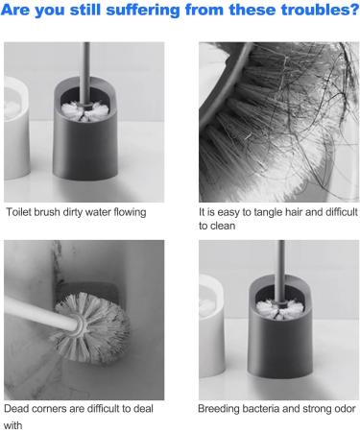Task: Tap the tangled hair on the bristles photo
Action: tap(278, 115)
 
